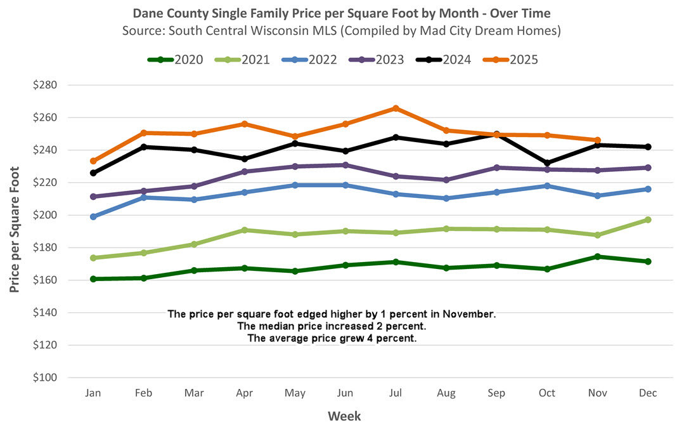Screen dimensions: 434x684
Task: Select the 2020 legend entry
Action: (176, 60)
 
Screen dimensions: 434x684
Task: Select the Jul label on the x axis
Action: (396, 393)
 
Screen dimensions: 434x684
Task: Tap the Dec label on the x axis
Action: (648, 393)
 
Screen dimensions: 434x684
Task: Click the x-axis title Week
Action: (344, 416)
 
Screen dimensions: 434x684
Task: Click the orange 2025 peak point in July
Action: (396, 109)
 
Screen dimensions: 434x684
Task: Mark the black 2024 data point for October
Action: (547, 163)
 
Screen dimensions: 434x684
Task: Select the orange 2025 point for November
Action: (597, 140)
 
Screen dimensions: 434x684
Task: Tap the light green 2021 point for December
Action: (648, 220)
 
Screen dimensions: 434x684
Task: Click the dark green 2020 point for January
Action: (93, 279)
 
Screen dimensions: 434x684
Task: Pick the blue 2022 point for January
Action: (93, 217)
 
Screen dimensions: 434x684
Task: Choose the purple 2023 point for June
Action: (345, 165)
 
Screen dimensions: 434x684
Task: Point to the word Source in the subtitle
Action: (143, 29)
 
